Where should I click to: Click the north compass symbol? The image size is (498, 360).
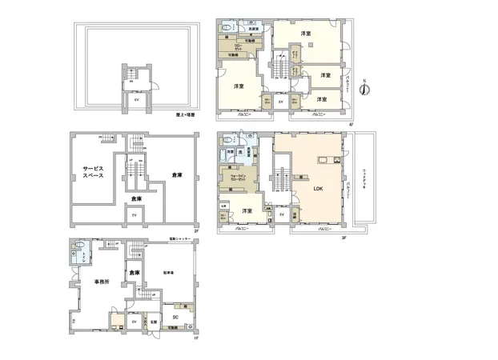point(364,90)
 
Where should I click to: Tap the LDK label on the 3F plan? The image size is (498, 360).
point(318,190)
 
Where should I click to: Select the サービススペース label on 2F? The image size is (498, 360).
point(90,174)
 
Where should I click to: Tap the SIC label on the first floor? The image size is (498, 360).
point(175,318)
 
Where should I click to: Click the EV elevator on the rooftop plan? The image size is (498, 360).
point(135,101)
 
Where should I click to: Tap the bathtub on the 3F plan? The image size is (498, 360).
point(229,151)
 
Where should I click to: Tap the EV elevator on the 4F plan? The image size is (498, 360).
point(280,102)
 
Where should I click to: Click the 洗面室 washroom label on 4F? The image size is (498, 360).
point(252,29)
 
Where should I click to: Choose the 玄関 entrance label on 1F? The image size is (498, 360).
point(153,322)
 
